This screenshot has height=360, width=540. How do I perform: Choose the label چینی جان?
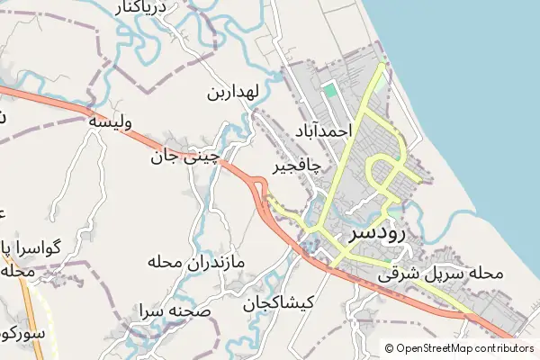point(185,157)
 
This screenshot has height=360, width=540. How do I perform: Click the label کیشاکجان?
point(277,303)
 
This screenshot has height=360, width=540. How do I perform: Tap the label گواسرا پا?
point(33,247)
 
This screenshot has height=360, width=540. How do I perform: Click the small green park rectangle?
point(331,89)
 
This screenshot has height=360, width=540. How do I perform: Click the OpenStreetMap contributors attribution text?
point(464,348)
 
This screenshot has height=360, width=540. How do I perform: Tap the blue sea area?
point(477,108)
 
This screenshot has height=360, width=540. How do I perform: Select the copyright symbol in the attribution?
point(390,348)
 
